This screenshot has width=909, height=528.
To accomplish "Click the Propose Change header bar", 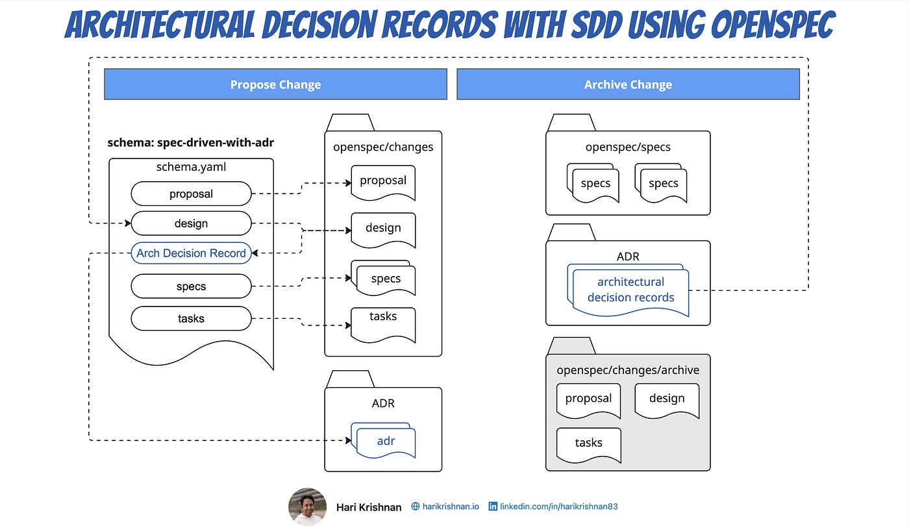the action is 275,84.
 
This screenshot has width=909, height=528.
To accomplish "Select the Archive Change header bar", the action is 629,84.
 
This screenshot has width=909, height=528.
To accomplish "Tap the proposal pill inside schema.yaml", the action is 191,194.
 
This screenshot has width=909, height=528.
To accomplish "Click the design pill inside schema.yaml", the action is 191,223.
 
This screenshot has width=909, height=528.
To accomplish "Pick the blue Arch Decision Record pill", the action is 191,253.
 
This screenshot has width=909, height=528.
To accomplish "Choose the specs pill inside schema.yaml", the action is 191,286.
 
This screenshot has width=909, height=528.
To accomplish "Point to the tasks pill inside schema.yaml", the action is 191,318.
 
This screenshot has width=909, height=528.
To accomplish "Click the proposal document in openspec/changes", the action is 383,182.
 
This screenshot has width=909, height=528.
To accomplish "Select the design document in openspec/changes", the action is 383,230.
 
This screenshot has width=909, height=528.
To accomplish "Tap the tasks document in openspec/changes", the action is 383,325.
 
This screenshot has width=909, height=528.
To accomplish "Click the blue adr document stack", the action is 383,440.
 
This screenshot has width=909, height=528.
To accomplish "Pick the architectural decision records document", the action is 629,290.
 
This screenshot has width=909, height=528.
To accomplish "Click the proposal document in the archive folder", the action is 588,400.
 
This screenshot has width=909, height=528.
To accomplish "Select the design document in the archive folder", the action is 667,400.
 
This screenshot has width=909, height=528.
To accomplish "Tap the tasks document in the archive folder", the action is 588,445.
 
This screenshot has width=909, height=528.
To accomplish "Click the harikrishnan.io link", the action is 445,507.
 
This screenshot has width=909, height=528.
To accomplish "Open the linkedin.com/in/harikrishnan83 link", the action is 553,507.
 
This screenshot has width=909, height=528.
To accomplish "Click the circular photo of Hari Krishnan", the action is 307,507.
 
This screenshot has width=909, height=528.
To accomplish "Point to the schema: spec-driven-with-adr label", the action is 191,142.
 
